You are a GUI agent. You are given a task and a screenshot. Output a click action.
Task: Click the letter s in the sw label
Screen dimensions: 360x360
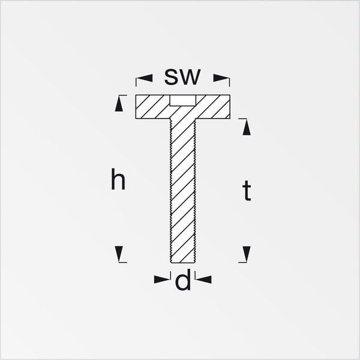tap(171, 77)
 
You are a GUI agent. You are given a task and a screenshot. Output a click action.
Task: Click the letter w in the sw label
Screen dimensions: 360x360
tap(190, 77)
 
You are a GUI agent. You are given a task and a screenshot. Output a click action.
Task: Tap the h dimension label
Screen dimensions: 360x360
tap(118, 179)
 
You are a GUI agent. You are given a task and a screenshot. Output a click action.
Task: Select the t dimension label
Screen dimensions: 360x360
tap(247, 191)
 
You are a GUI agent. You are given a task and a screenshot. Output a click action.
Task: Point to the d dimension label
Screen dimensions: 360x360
tap(183, 280)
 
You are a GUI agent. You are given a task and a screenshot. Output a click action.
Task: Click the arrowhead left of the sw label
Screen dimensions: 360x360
tap(145, 78)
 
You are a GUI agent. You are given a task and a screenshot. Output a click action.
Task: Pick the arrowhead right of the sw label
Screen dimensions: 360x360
tap(221, 78)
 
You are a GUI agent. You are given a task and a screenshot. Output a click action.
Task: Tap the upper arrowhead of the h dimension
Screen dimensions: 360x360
tap(119, 104)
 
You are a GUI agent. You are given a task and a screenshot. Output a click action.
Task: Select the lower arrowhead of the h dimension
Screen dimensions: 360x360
tap(119, 254)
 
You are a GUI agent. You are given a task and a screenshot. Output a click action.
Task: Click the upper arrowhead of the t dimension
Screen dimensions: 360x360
tap(247, 127)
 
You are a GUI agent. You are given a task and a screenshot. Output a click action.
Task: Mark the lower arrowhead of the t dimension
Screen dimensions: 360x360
tap(247, 254)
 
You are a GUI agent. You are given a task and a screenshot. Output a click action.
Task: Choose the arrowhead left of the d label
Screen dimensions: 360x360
tap(162, 280)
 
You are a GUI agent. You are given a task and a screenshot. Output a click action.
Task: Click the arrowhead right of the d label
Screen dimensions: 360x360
tap(203, 280)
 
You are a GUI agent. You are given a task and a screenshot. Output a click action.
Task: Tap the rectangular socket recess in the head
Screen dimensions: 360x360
tap(183, 100)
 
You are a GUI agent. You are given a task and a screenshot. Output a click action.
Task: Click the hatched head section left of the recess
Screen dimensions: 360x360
tap(153, 107)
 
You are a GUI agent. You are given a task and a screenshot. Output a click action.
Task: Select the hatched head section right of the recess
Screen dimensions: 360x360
tap(213, 107)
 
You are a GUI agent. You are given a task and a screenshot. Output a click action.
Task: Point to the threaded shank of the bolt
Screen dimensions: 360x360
tap(183, 191)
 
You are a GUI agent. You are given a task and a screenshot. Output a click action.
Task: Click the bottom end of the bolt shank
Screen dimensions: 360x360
tap(183, 263)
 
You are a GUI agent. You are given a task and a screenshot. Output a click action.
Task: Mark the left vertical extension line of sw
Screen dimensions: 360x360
tap(136, 82)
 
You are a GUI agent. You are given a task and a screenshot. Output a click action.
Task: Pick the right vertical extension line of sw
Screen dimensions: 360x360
tap(230, 82)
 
